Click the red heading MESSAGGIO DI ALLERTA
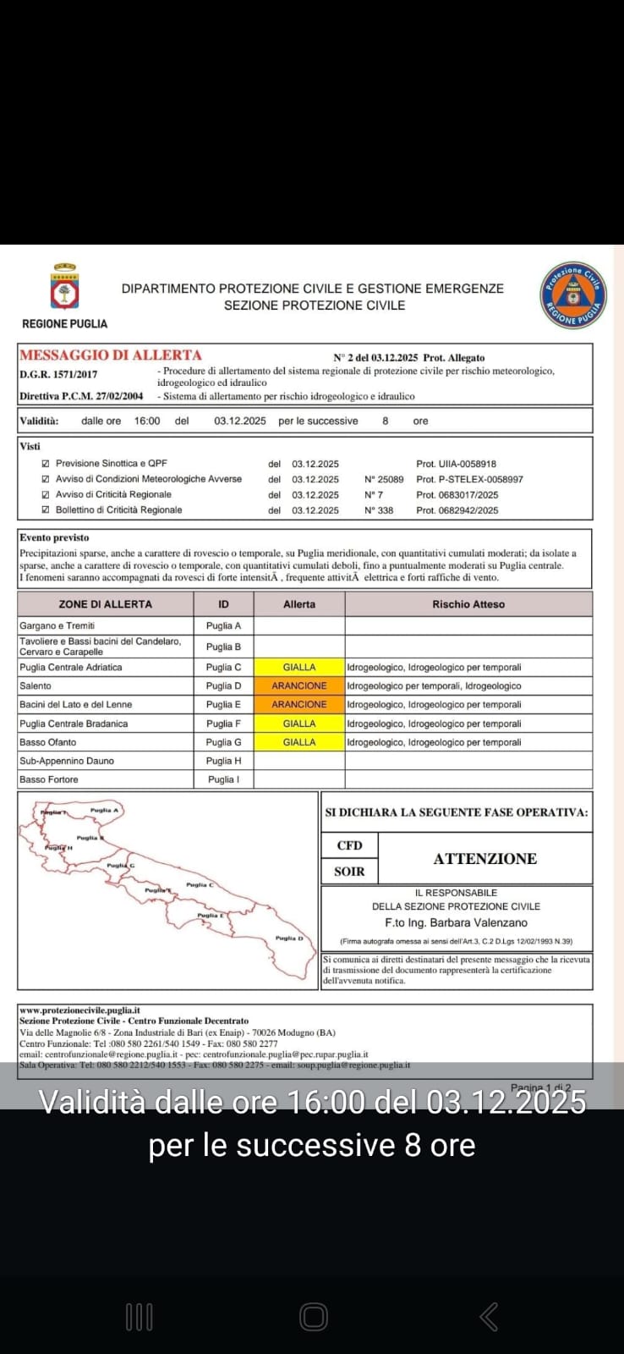point(111,355)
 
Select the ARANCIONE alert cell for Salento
point(299,686)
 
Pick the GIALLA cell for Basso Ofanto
point(299,742)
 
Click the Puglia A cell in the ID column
point(224,626)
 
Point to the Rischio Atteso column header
point(468,604)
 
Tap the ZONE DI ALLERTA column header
point(106,604)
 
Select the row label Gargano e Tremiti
point(57,626)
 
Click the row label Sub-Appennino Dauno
point(67,761)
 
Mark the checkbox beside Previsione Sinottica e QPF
point(46,464)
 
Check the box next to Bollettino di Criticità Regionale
point(46,510)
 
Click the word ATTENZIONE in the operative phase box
point(484,859)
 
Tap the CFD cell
point(349,845)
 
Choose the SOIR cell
point(349,872)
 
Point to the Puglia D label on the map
point(288,938)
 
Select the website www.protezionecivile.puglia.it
point(79,1010)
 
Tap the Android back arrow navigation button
point(489,1317)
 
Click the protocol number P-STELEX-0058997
point(469,480)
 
